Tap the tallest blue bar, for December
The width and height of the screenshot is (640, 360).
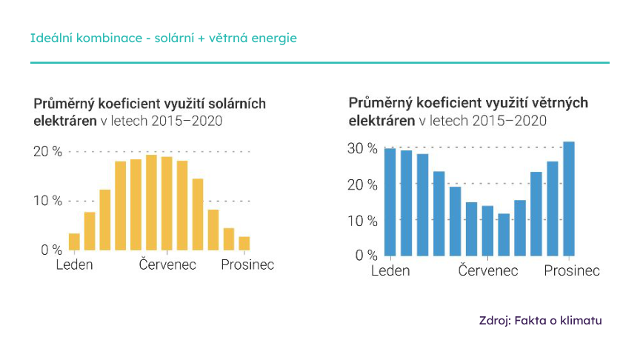pos(569,199)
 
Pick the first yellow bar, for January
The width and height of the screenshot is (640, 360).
pos(74,241)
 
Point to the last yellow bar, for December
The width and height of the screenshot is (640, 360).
pos(244,243)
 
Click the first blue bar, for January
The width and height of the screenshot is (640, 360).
pos(390,201)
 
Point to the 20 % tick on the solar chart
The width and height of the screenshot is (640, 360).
pos(47,152)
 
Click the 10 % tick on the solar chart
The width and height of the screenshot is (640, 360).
pos(47,201)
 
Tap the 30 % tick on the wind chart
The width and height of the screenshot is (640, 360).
pos(362,148)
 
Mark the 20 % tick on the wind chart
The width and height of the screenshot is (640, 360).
pos(362,184)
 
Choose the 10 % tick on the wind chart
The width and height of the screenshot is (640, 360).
pos(362,220)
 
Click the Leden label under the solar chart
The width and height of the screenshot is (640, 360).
pos(74,264)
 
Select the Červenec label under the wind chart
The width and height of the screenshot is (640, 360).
pos(488,271)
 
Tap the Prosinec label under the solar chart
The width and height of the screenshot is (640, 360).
pos(247,264)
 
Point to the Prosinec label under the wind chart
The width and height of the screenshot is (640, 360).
pos(572,271)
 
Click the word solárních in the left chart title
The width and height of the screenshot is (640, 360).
pos(233,103)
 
